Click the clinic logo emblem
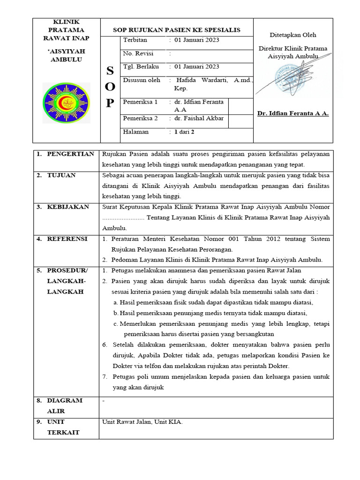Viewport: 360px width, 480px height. coord(66,103)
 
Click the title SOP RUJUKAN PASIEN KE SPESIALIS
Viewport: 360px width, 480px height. coord(177,30)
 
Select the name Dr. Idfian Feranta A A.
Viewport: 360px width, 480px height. coord(293,113)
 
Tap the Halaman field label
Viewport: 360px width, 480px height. coord(136,132)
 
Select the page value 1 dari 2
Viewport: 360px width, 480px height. coord(184,132)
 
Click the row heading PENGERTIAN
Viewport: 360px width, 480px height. coord(70,154)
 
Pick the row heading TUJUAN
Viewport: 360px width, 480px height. coord(61,175)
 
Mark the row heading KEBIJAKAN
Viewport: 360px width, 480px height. coord(68,207)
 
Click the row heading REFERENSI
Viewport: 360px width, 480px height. coord(67,239)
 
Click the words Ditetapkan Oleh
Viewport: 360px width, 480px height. coord(293,35)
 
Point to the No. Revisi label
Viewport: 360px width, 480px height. coord(138,53)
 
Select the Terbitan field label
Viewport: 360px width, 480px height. coord(135,40)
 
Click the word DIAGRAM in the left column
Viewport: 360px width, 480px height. coord(65,400)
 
